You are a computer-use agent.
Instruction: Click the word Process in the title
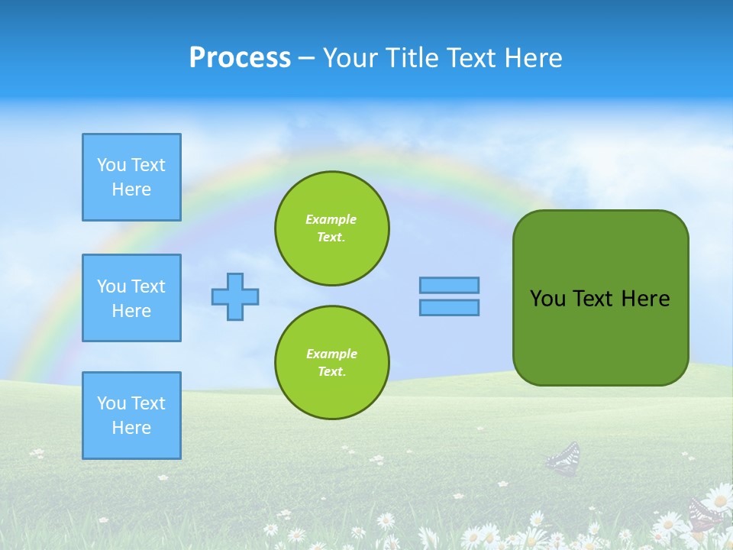pos(240,58)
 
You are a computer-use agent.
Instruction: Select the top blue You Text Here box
pos(131,177)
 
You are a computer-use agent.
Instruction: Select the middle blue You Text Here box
pos(131,298)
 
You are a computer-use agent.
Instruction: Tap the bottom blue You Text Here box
pos(131,416)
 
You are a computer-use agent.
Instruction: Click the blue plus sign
pos(235,296)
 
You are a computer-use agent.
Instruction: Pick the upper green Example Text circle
pos(332,228)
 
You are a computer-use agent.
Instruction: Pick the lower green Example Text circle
pos(332,362)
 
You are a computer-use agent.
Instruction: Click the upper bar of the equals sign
pos(449,285)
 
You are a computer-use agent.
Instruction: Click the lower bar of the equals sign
pos(449,307)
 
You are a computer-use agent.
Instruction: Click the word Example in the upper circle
pos(331,219)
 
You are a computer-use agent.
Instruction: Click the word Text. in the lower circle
pos(331,371)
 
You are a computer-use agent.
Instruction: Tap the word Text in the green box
pos(593,299)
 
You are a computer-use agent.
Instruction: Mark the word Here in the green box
pos(645,299)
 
